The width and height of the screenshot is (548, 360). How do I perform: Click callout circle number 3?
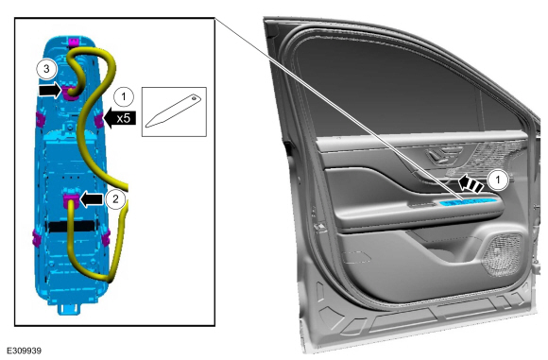point(46,69)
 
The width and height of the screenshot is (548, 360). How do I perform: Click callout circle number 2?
point(115,198)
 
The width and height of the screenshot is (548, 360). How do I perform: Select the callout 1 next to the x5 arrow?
point(124,96)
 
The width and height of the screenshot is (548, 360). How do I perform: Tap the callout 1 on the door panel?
point(498,180)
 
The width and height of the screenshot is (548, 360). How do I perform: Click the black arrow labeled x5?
point(120,118)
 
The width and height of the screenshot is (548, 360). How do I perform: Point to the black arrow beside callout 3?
point(50,91)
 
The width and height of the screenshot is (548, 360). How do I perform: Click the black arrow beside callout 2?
point(92,199)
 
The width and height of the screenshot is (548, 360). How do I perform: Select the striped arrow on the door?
point(471,183)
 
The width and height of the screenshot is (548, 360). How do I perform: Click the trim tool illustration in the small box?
point(173,111)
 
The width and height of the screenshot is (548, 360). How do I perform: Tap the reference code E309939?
point(25,351)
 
